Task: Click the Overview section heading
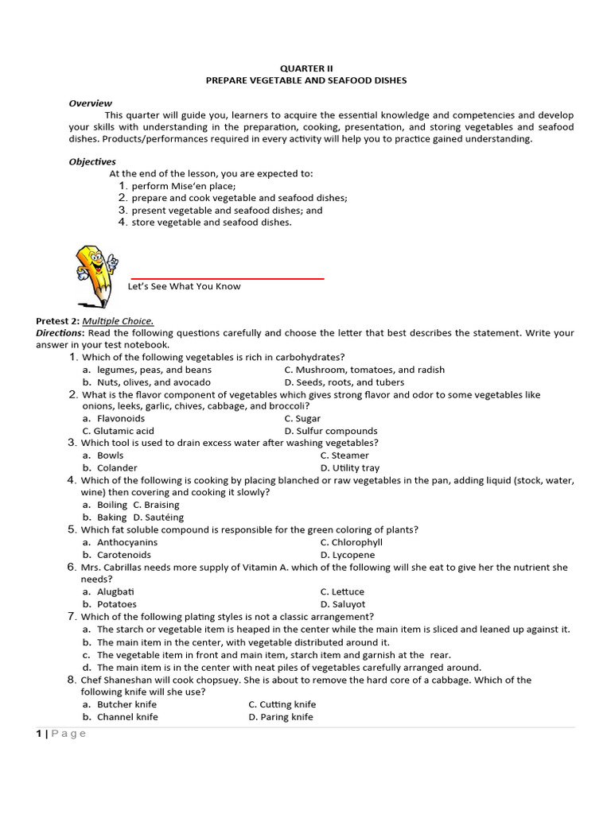pos(90,103)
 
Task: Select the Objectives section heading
pos(92,161)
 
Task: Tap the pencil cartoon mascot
pos(95,275)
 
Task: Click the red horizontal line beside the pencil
pos(227,279)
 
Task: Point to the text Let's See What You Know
pos(184,286)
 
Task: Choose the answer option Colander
pos(117,468)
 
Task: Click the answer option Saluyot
pos(343,604)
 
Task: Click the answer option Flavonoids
pos(121,418)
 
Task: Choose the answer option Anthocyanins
pos(127,542)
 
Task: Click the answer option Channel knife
pos(127,717)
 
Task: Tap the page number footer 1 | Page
pos(61,734)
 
